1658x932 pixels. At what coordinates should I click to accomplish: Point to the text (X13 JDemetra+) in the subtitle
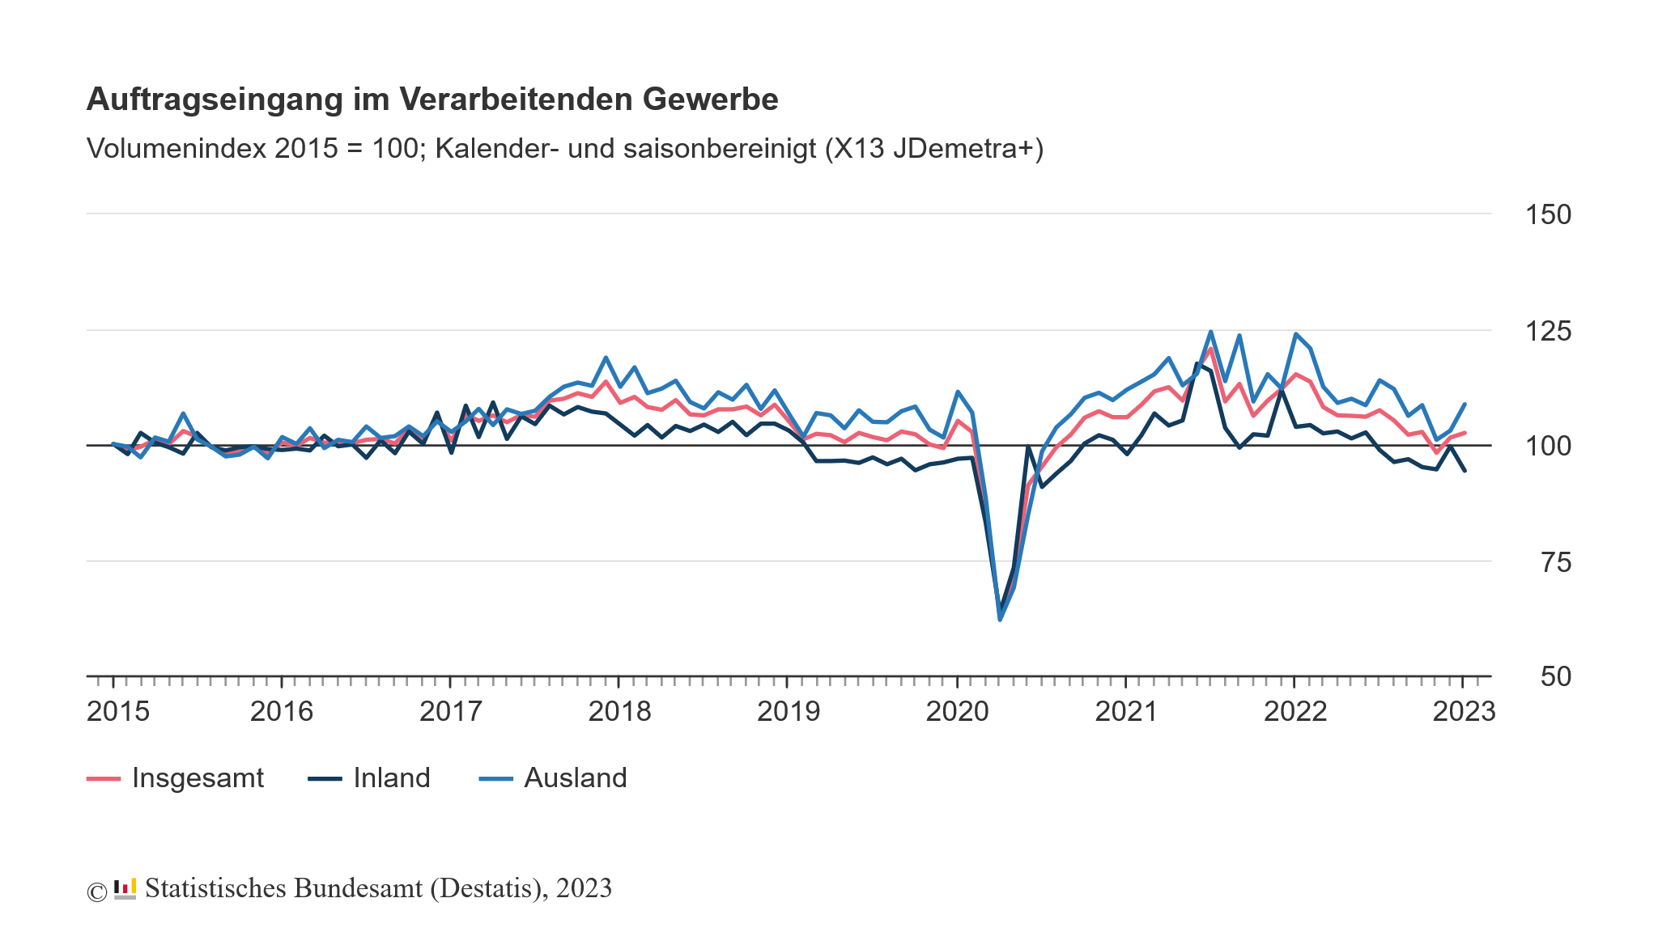(x=934, y=149)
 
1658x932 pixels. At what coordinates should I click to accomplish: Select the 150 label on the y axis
(x=1548, y=215)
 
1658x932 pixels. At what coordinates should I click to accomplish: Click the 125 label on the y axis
(x=1548, y=331)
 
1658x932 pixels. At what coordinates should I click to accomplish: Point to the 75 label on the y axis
(x=1555, y=562)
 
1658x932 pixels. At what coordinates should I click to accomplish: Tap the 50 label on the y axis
(x=1555, y=676)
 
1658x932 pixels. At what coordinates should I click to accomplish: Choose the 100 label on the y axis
(x=1548, y=446)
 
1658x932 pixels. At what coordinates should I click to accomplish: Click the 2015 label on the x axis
(x=118, y=712)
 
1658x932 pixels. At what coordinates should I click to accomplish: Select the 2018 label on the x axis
(x=619, y=712)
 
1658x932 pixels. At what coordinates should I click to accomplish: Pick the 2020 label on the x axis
(x=957, y=712)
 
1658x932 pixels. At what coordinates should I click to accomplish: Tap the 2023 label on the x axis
(x=1464, y=712)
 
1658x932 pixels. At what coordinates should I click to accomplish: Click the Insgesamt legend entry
(x=198, y=778)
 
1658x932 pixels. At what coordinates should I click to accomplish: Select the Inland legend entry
(x=391, y=778)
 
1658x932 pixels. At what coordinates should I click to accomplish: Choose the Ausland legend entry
(x=575, y=778)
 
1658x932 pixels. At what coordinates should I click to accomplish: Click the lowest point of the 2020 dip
(x=1000, y=620)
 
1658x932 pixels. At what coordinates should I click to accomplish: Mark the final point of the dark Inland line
(x=1465, y=471)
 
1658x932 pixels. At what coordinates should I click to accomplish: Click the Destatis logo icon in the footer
(x=125, y=889)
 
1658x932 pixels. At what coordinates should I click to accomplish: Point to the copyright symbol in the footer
(x=97, y=892)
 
